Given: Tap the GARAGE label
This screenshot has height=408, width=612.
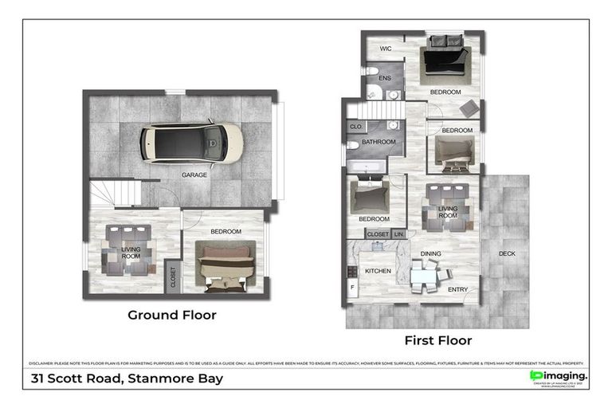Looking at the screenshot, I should click(194, 175).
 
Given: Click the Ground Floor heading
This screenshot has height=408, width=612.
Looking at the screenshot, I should click(172, 315).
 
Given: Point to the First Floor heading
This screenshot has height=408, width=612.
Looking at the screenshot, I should click(437, 340).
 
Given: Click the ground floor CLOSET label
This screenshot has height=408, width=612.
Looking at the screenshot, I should click(172, 276).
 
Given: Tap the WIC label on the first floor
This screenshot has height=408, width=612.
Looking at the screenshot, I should click(386, 49).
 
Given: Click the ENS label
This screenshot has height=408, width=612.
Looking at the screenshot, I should click(384, 79).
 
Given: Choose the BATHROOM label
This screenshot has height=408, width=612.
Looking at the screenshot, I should click(379, 142).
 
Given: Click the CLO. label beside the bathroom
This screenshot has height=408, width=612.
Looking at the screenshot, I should click(356, 127).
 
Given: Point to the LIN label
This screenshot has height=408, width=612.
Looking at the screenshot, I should click(399, 234).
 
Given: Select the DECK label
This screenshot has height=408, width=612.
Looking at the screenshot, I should click(507, 254).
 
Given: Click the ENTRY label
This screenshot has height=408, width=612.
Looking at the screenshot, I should click(458, 289).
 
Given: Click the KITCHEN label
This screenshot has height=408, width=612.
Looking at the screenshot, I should click(378, 271).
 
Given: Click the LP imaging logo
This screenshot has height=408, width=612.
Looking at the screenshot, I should click(559, 376).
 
